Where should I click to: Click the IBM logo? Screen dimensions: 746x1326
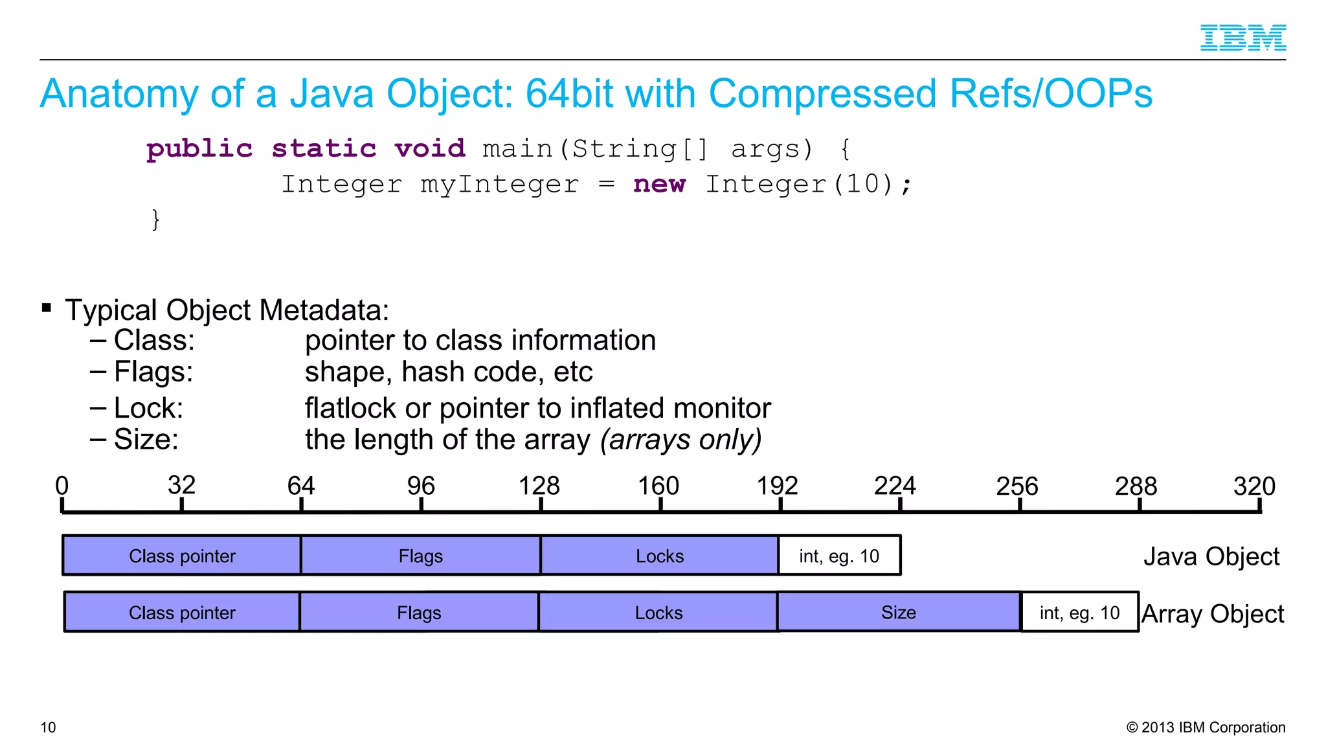(1242, 38)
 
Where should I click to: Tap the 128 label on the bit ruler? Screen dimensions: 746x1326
(539, 486)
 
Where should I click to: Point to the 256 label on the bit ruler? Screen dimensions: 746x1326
(1017, 486)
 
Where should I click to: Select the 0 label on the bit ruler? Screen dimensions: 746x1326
(62, 486)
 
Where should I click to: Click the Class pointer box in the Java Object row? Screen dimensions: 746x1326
(182, 556)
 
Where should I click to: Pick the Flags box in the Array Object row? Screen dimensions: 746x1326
(419, 612)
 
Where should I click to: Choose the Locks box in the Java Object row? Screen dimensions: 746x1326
(659, 556)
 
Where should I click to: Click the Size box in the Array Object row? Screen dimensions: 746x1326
(899, 612)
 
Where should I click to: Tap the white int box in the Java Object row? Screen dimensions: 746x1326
(839, 556)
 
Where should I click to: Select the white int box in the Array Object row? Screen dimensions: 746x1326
(1079, 612)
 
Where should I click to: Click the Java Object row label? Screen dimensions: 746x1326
(1211, 556)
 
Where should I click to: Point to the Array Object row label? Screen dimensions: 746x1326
(1212, 613)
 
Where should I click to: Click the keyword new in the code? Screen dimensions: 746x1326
(659, 184)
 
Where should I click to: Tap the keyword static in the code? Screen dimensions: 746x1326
(324, 149)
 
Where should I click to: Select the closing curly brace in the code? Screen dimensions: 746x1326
(155, 220)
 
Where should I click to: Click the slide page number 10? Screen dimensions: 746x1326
(48, 727)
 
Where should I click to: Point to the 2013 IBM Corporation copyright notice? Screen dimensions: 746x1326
(1206, 727)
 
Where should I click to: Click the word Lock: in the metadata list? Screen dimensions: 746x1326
(148, 408)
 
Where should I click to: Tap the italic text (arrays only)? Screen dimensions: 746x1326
(680, 440)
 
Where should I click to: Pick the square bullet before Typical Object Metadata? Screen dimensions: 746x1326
(47, 308)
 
